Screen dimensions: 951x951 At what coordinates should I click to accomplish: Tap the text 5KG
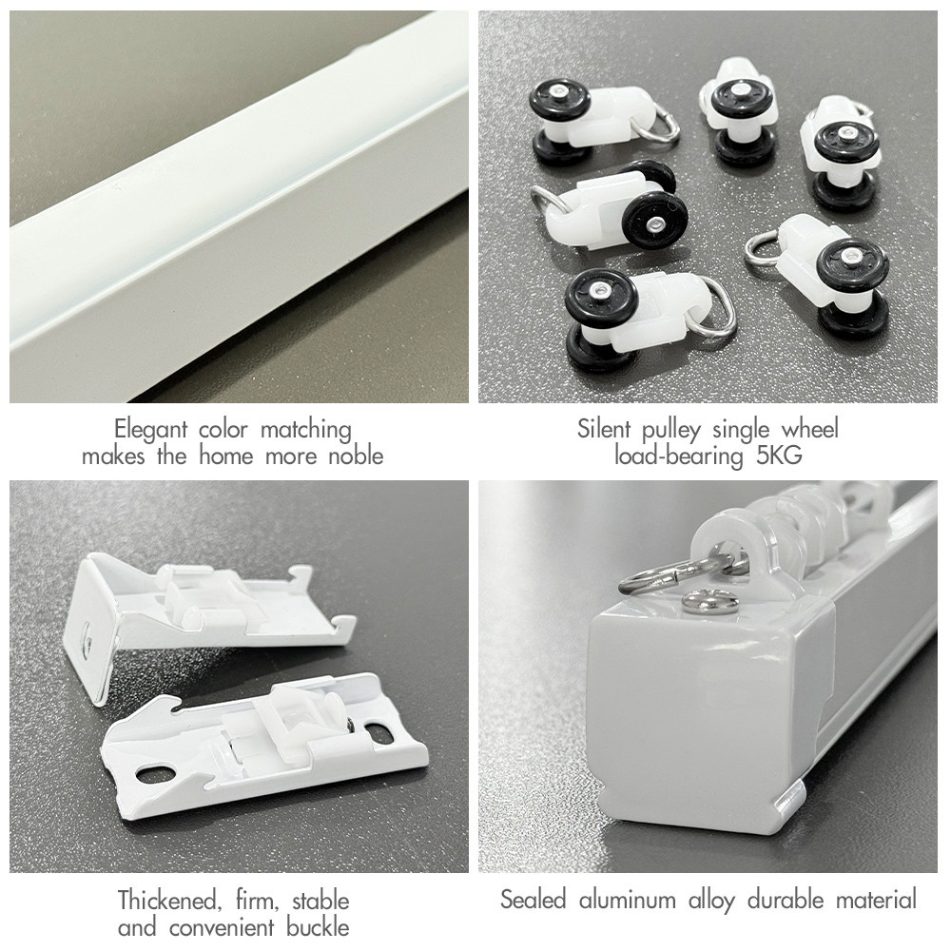pyautogui.click(x=779, y=455)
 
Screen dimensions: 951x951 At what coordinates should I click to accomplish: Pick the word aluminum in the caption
pyautogui.click(x=628, y=900)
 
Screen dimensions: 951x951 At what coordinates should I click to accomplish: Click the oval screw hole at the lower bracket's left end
pyautogui.click(x=157, y=774)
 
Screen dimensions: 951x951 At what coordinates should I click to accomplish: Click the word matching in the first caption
pyautogui.click(x=305, y=430)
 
